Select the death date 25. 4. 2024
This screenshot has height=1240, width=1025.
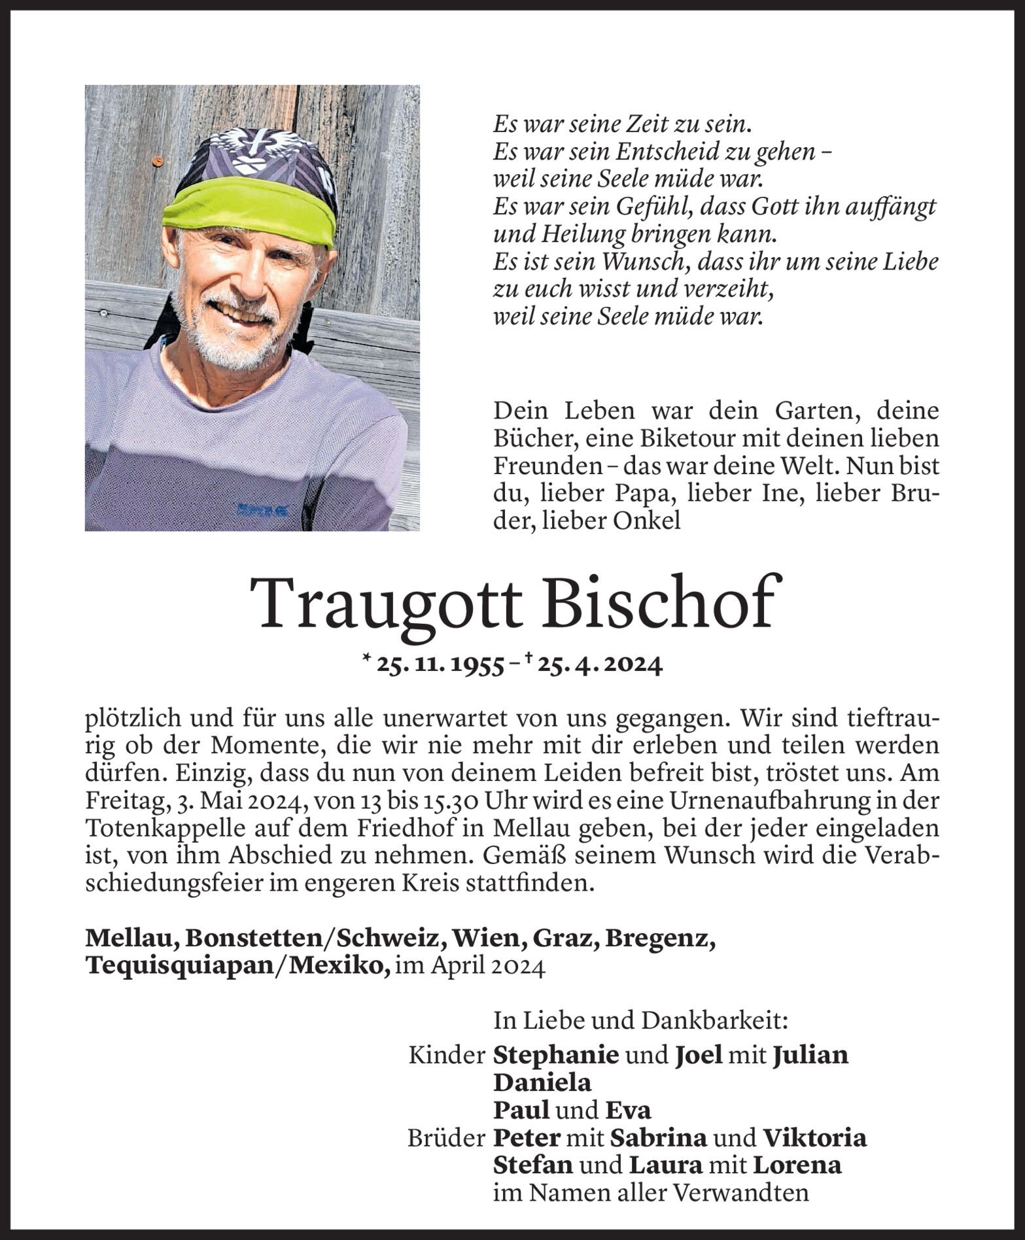point(600,665)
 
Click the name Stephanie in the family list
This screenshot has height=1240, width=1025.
point(556,1054)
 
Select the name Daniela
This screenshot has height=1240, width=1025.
point(542,1082)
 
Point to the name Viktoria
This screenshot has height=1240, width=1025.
point(814,1137)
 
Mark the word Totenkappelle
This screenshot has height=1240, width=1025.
point(182,829)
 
